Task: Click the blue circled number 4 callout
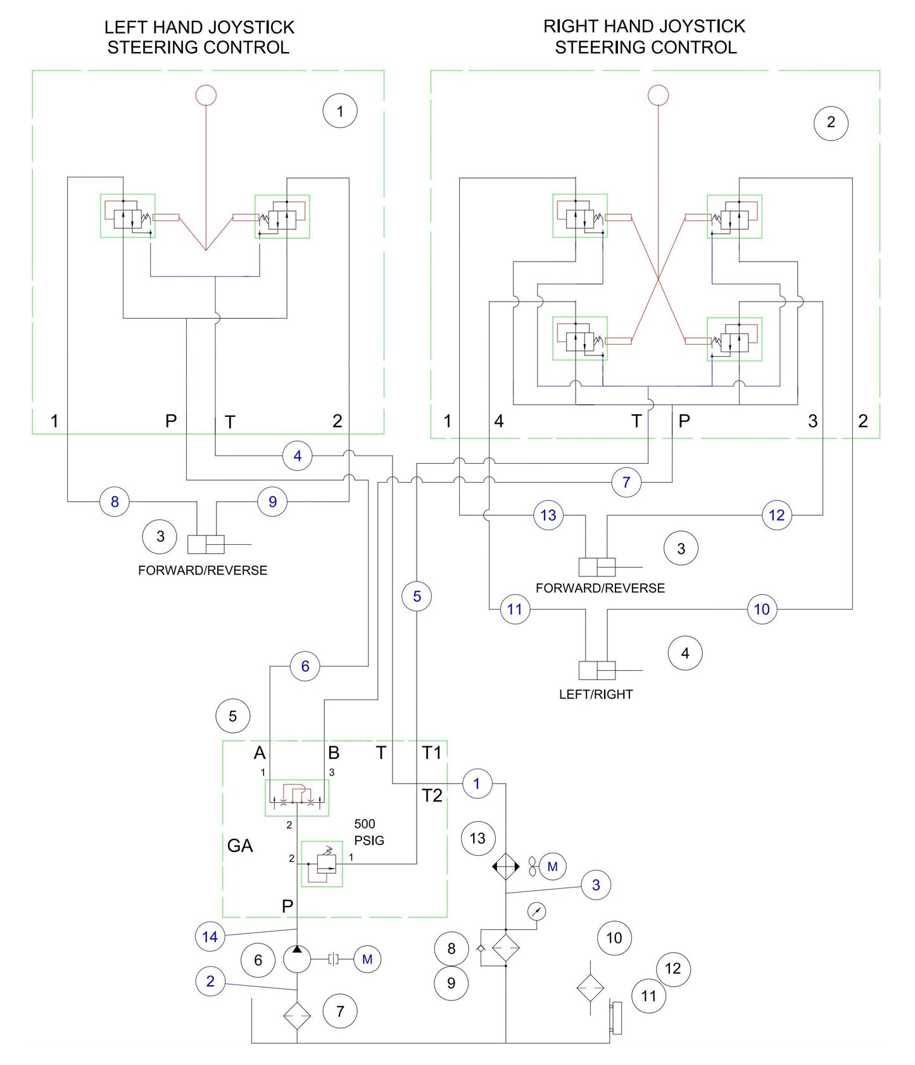pyautogui.click(x=297, y=456)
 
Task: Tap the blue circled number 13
pyautogui.click(x=548, y=515)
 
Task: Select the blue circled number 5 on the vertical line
pyautogui.click(x=417, y=596)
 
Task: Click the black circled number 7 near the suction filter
pyautogui.click(x=340, y=1011)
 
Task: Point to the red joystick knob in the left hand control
pyautogui.click(x=206, y=96)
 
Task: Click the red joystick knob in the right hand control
pyautogui.click(x=659, y=96)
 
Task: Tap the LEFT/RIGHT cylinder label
pyautogui.click(x=595, y=694)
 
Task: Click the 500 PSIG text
pyautogui.click(x=369, y=832)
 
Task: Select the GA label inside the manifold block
pyautogui.click(x=240, y=846)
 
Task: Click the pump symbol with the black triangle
pyautogui.click(x=297, y=959)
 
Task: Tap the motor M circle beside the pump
pyautogui.click(x=367, y=959)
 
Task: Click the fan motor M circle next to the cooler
pyautogui.click(x=552, y=867)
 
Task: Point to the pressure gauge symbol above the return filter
pyautogui.click(x=536, y=912)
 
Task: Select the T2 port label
pyautogui.click(x=432, y=796)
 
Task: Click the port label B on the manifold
pyautogui.click(x=334, y=753)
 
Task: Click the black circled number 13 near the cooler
pyautogui.click(x=477, y=838)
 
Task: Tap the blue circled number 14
pyautogui.click(x=210, y=936)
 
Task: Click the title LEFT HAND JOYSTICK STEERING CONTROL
pyautogui.click(x=199, y=37)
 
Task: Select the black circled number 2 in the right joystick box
pyautogui.click(x=831, y=122)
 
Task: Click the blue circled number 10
pyautogui.click(x=762, y=609)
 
